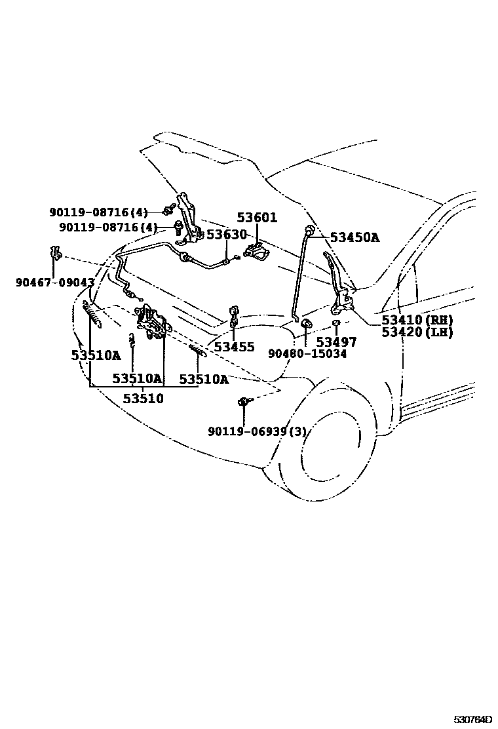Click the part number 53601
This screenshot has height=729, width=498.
pyautogui.click(x=257, y=218)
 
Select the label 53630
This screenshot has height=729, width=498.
pyautogui.click(x=226, y=235)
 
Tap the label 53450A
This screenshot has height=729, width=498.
pyautogui.click(x=354, y=237)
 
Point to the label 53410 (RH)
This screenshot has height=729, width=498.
pyautogui.click(x=417, y=321)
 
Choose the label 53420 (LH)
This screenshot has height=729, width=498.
pyautogui.click(x=417, y=332)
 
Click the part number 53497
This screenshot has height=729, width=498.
pyautogui.click(x=336, y=342)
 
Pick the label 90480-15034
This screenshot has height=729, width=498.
pyautogui.click(x=307, y=354)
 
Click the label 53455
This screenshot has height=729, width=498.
pyautogui.click(x=234, y=347)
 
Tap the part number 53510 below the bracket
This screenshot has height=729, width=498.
pyautogui.click(x=144, y=399)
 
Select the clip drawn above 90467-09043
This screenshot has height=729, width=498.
pyautogui.click(x=56, y=252)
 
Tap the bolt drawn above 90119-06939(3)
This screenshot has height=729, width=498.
pyautogui.click(x=244, y=402)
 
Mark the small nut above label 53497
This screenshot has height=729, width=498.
pyautogui.click(x=335, y=323)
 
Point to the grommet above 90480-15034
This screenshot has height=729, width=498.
pyautogui.click(x=306, y=325)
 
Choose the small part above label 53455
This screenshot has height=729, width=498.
pyautogui.click(x=233, y=313)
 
